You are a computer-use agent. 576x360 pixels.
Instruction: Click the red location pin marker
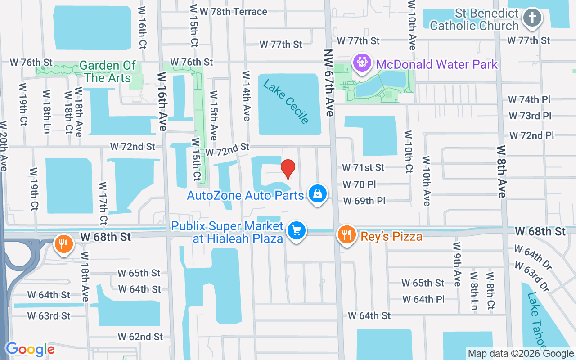[288, 169]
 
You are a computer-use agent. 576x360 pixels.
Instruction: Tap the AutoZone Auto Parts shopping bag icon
[318, 193]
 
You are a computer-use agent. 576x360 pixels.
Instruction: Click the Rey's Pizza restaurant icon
[346, 235]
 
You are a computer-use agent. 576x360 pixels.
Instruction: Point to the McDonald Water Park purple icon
[361, 62]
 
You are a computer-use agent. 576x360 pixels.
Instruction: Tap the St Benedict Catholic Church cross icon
[532, 18]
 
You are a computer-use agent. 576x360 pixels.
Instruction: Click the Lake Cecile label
[286, 102]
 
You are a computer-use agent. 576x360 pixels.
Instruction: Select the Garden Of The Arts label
[108, 72]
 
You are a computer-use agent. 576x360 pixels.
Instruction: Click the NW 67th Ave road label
[328, 83]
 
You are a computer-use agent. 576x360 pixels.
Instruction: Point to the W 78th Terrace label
[234, 12]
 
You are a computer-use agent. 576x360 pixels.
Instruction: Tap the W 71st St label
[363, 167]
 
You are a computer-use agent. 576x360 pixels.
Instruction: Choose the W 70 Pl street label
[359, 184]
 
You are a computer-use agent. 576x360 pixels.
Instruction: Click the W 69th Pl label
[364, 201]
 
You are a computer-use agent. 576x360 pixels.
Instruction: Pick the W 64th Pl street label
[423, 299]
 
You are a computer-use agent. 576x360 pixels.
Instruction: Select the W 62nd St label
[140, 337]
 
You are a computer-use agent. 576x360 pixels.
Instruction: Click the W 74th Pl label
[530, 99]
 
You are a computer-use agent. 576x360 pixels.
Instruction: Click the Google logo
[30, 349]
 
